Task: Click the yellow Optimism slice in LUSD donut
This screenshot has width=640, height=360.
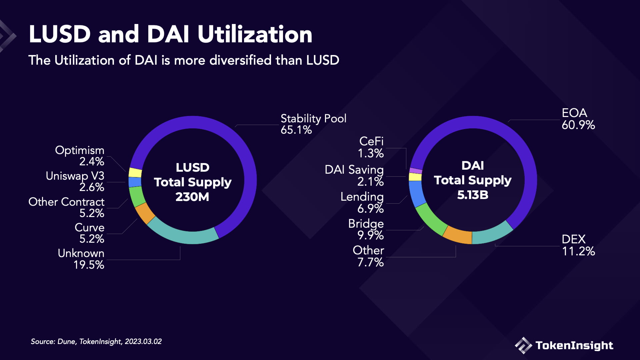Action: [x=135, y=173]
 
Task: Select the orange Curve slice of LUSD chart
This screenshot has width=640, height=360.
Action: [x=145, y=213]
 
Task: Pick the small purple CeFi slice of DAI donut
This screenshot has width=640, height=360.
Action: [x=416, y=171]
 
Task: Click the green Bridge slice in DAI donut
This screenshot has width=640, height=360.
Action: [x=431, y=219]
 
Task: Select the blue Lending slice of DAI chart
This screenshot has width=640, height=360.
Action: [x=417, y=194]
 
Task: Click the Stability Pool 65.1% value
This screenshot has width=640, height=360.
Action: [x=296, y=130]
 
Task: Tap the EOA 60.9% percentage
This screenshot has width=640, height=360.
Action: [x=578, y=125]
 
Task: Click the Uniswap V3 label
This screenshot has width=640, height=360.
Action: [x=75, y=176]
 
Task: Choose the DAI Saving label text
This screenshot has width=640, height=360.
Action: [x=354, y=170]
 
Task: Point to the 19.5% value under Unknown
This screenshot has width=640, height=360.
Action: [x=89, y=265]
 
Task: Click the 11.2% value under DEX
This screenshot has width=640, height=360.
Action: [x=578, y=251]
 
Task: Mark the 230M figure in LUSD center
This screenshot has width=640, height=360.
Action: [x=192, y=197]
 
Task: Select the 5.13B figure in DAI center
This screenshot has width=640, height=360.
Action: [x=472, y=195]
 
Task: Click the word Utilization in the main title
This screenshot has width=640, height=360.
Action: [x=255, y=34]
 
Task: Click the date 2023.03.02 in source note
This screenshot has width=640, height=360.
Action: [x=143, y=342]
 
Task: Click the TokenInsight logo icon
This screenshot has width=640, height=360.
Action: [x=523, y=345]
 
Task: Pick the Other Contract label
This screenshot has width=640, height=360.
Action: [x=66, y=202]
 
